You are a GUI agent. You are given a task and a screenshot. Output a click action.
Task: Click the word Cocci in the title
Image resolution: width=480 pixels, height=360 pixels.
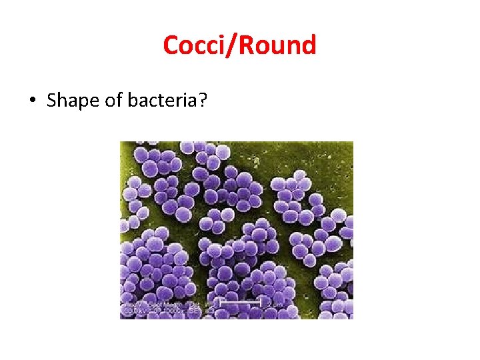193,46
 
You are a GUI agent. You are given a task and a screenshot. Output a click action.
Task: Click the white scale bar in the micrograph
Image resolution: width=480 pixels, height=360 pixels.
240,303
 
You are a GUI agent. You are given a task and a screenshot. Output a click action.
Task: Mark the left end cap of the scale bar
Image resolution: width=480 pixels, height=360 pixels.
220,303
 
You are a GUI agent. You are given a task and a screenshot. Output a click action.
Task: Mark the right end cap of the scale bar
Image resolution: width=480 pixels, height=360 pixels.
261,303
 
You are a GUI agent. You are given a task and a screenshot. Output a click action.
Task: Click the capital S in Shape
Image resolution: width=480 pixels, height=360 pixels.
53,101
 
